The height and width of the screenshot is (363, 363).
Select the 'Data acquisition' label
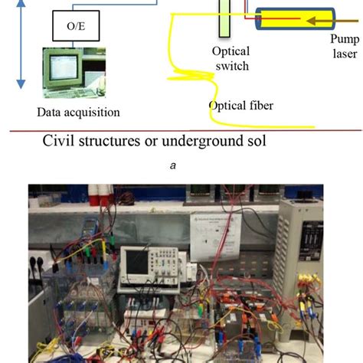[x=79, y=113]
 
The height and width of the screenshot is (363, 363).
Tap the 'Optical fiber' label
[x=241, y=105]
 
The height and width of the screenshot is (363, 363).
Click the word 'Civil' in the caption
[x=60, y=142]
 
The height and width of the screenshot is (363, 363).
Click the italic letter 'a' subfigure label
[x=181, y=174]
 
